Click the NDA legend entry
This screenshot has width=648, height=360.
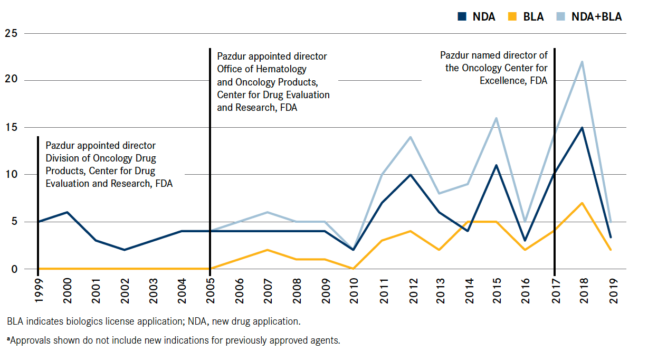point(477,16)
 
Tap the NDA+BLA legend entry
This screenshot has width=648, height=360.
point(589,16)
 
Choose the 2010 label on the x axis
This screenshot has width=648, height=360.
point(354,290)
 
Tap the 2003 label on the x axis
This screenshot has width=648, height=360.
point(153,290)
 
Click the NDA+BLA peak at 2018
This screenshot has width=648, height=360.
point(582,62)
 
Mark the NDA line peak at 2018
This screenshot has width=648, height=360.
point(582,128)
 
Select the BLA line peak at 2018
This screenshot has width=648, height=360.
point(582,203)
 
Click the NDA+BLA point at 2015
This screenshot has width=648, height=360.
point(496,118)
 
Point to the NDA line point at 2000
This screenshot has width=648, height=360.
point(67,212)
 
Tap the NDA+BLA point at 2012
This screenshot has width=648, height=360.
point(410,137)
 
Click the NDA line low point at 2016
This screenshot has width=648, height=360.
point(525,241)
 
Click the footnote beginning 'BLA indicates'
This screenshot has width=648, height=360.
point(153,321)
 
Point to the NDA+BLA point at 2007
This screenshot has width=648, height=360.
point(268,212)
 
